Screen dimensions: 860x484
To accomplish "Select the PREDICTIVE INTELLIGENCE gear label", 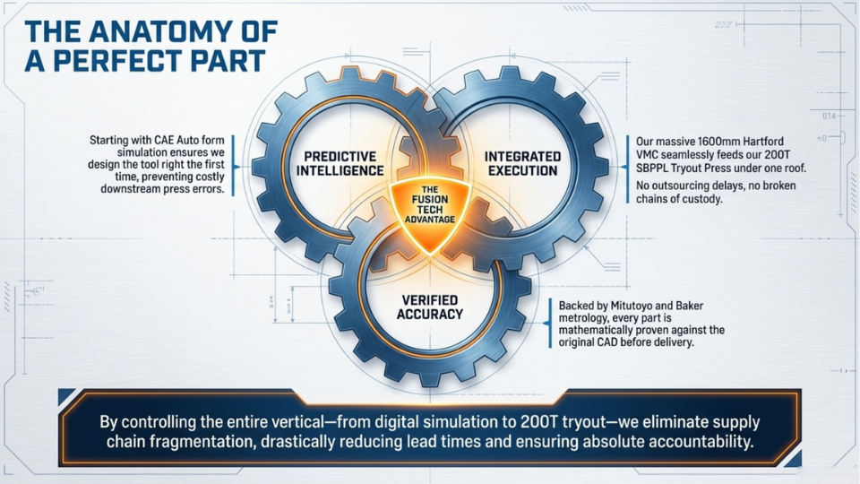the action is click(340, 163).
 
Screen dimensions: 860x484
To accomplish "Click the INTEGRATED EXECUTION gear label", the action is click(522, 163).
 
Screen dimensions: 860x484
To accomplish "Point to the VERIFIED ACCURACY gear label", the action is click(430, 307).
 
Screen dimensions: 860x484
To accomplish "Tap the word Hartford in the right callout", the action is click(763, 142).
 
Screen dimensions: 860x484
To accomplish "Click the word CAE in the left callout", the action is click(165, 141).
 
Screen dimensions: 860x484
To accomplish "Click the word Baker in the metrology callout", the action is click(689, 306).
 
